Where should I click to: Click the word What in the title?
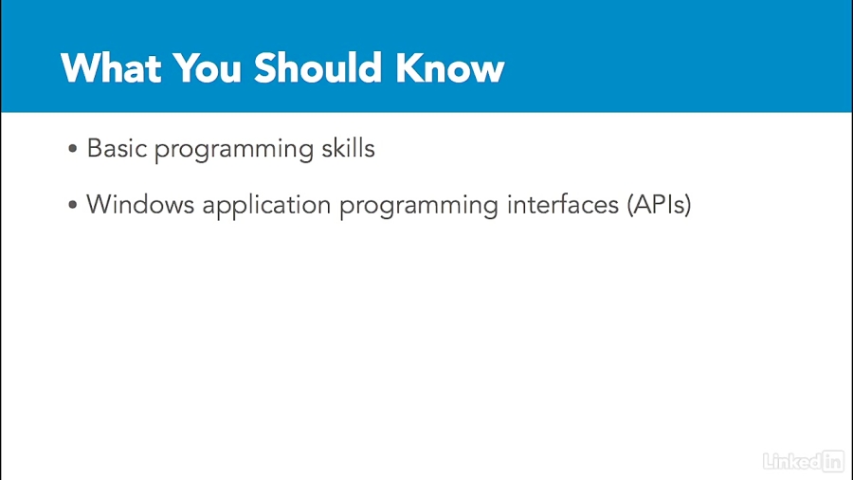(x=112, y=68)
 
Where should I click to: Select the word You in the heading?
(x=207, y=68)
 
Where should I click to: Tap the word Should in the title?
(x=318, y=68)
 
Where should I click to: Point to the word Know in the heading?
(x=450, y=68)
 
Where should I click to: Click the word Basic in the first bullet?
(x=117, y=149)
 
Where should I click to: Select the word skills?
(x=348, y=148)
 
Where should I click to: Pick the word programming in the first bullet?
(x=234, y=151)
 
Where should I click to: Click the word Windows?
(x=140, y=205)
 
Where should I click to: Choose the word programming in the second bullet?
(x=419, y=207)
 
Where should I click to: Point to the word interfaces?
(x=563, y=205)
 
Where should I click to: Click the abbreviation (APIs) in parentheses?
(x=660, y=205)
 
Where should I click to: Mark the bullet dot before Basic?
(x=73, y=149)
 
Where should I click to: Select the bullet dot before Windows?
(x=73, y=205)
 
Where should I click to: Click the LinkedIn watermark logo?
(x=804, y=461)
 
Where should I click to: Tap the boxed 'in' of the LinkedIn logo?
(x=833, y=461)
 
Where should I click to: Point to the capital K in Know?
(x=409, y=68)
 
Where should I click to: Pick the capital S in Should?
(x=266, y=68)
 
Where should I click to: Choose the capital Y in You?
(x=185, y=68)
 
